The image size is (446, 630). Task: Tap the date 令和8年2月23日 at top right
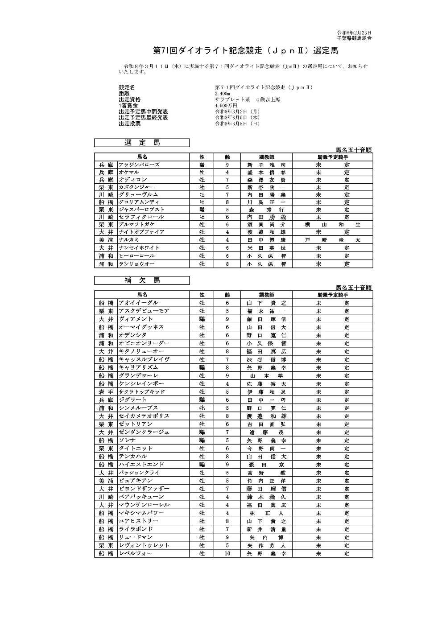click(x=354, y=33)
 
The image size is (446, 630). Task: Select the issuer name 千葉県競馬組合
click(x=354, y=38)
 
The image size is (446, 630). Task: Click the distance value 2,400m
click(x=223, y=94)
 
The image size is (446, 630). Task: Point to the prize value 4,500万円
click(x=226, y=106)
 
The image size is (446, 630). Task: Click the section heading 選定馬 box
click(x=142, y=143)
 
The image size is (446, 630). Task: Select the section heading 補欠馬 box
click(x=142, y=280)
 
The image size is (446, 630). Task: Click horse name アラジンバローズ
click(x=139, y=165)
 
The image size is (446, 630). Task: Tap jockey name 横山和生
click(x=332, y=225)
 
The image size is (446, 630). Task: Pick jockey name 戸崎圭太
click(x=332, y=240)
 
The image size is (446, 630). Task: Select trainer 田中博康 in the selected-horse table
click(x=266, y=240)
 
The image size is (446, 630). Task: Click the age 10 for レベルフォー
click(x=227, y=553)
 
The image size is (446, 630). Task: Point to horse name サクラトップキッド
click(x=142, y=391)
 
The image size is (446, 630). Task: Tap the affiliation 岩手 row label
click(x=106, y=391)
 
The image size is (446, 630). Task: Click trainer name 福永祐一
click(x=266, y=311)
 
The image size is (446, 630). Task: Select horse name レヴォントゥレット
click(x=144, y=545)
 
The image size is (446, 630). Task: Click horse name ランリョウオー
click(x=137, y=264)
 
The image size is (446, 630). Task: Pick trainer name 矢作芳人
click(x=266, y=545)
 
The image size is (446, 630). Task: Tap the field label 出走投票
click(x=130, y=124)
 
